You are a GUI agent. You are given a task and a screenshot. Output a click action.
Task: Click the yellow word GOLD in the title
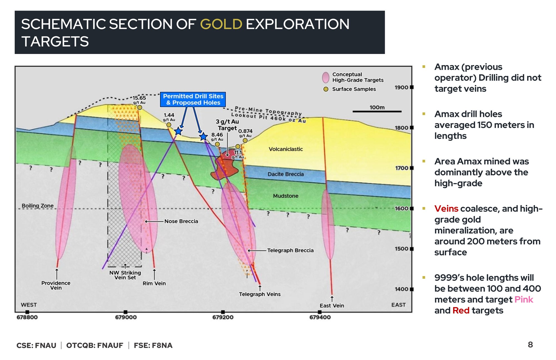221,24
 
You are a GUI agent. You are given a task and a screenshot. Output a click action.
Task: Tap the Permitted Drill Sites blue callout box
193,99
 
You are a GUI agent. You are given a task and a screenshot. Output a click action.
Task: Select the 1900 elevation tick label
401,87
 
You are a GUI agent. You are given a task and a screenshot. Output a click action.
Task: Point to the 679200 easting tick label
223,317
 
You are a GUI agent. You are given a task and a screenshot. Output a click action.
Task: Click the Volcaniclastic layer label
286,149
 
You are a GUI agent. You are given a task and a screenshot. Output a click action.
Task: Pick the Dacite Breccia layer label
286,174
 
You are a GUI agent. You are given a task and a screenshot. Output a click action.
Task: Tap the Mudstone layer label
286,196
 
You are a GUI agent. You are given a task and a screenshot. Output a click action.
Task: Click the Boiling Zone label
38,206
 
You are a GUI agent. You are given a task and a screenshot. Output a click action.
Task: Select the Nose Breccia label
181,221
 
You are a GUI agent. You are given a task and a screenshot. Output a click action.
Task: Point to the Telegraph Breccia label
291,250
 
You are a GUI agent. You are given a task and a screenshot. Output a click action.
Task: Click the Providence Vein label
56,285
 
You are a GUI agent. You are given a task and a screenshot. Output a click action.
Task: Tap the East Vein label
332,306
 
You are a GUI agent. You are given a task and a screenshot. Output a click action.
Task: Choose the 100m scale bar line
377,112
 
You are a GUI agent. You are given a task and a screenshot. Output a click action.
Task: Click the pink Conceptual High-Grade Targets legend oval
326,77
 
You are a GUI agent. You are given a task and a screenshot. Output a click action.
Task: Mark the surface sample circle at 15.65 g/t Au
140,107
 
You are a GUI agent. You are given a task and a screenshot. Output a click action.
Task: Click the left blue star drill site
178,131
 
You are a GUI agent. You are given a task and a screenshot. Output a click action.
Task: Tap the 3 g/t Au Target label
227,125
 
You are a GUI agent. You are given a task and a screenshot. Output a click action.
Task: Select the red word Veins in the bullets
446,209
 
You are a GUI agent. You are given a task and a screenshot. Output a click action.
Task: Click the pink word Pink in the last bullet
524,300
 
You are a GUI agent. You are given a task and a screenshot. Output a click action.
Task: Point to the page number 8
530,345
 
